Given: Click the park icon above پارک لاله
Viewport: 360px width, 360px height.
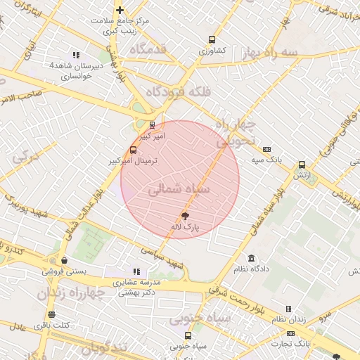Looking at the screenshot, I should point(186,217).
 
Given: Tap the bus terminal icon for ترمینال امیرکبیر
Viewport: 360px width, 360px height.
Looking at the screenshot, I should point(134,150).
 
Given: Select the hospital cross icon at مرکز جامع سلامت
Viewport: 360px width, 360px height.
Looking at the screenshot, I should point(120,10).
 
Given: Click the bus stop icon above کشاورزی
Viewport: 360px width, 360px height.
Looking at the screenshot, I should point(211,40).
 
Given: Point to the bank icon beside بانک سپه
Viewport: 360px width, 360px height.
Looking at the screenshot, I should point(266,149).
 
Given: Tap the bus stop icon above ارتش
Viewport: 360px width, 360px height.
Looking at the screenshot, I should point(302,164).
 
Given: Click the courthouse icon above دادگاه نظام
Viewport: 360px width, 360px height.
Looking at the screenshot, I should point(252,258).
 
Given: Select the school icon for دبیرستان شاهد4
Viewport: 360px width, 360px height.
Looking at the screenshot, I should point(76,55).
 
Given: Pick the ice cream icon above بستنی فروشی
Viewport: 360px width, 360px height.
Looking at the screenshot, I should point(64,260).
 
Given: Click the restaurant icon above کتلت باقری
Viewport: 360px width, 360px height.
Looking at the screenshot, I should point(51,314).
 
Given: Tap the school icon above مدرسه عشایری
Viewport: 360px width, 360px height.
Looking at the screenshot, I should point(136,271).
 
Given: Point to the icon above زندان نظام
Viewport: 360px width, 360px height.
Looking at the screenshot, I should point(288,309).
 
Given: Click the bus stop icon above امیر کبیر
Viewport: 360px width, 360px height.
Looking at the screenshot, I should point(151,125).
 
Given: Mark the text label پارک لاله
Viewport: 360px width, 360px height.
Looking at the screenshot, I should point(186,228).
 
